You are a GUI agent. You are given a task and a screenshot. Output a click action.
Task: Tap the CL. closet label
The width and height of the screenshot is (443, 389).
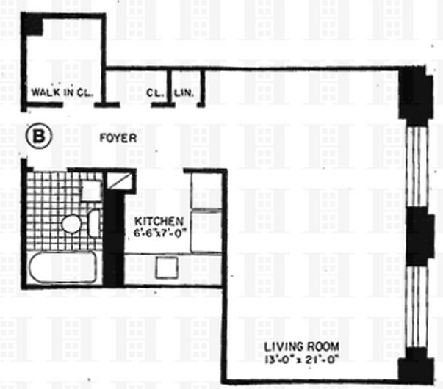[x=154, y=93]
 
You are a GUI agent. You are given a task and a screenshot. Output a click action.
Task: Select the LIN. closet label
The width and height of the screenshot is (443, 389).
[x=183, y=93]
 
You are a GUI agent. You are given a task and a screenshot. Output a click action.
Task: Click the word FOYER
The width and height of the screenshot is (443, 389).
[x=118, y=137]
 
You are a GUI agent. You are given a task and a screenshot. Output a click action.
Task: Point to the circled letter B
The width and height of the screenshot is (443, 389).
[x=38, y=137]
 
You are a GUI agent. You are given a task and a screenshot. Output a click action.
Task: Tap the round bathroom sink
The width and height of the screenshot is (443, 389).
[x=71, y=224]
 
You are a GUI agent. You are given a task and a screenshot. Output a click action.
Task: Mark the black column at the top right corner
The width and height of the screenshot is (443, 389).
[x=414, y=92]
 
